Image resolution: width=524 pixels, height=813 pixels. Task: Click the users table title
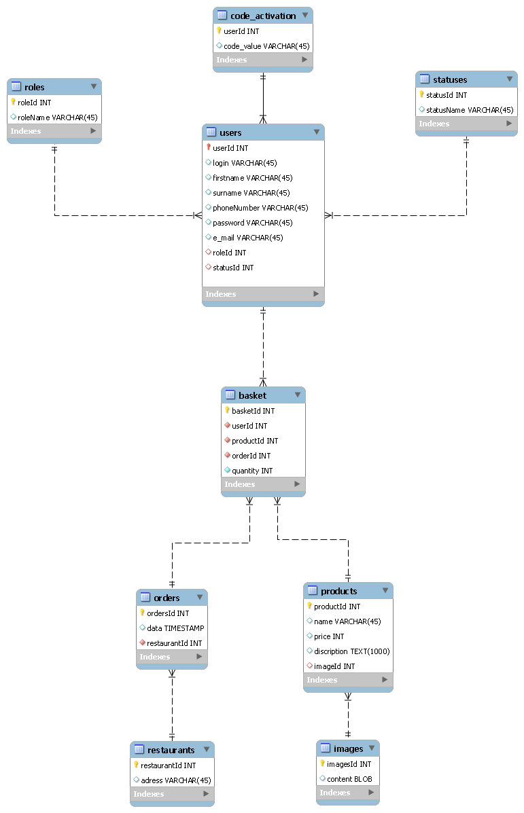point(230,132)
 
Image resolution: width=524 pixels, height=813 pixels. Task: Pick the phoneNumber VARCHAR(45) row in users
point(260,208)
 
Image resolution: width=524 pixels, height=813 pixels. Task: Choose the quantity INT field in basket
point(252,471)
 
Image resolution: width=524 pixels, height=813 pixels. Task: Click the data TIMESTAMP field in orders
point(175,628)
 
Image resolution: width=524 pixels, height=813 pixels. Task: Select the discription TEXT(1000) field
point(351,651)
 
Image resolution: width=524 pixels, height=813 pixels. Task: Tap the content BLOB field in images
point(349,779)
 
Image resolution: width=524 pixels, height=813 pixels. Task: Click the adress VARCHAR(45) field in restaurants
point(175,780)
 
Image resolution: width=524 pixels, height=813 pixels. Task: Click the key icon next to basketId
point(228,410)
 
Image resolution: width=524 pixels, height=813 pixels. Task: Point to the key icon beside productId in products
point(309,606)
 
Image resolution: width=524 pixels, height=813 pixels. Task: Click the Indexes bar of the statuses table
point(466,124)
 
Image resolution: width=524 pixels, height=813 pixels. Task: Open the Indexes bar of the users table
point(263,294)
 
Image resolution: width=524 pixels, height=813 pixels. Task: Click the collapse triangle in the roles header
point(93,87)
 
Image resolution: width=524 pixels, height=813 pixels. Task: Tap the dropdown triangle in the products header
point(385,591)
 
